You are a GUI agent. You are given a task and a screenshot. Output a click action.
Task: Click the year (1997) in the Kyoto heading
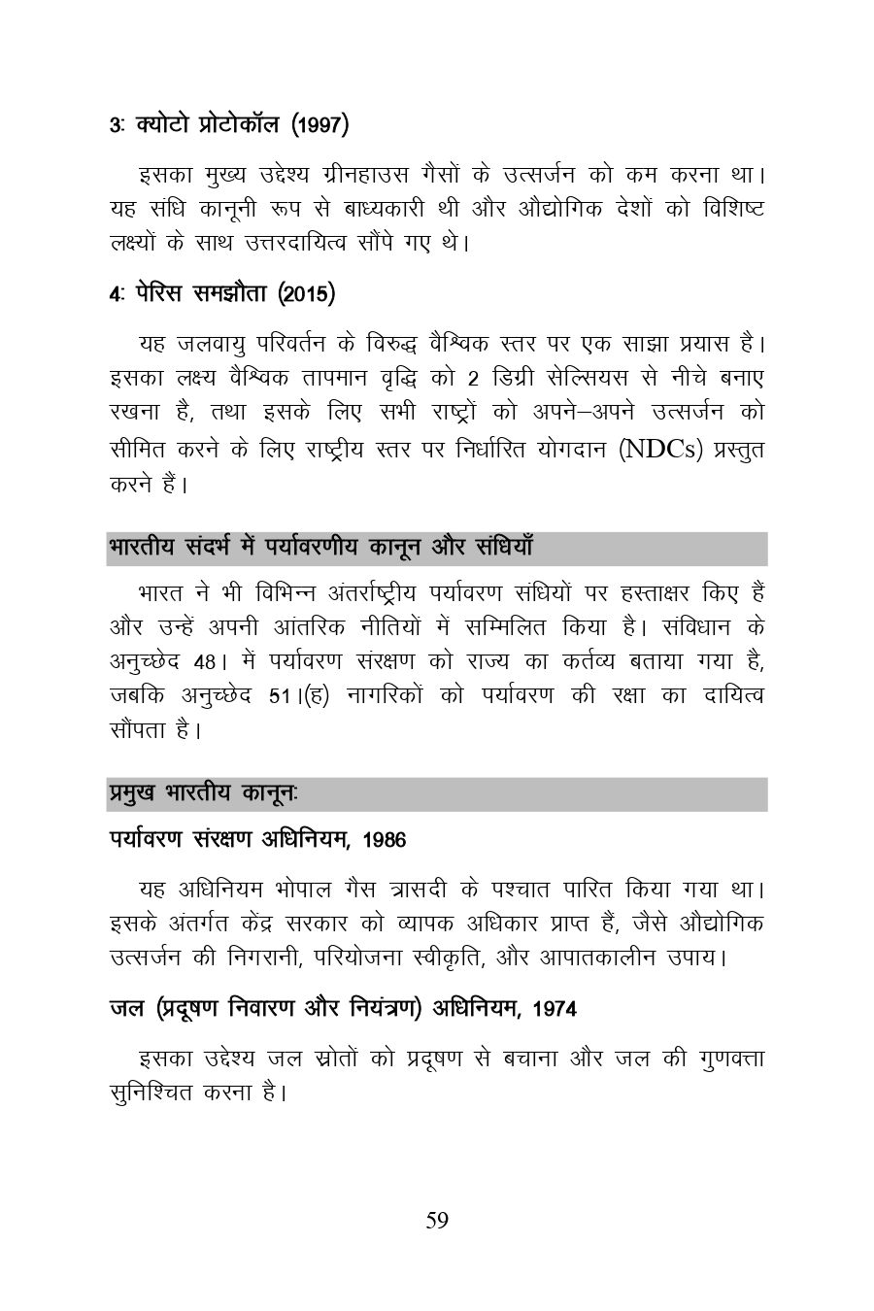tap(320, 125)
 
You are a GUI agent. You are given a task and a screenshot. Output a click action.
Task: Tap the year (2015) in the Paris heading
tap(307, 293)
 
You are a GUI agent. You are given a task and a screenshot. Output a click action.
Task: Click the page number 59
tap(437, 1221)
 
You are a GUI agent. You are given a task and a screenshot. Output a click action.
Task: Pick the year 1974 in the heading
tap(555, 1009)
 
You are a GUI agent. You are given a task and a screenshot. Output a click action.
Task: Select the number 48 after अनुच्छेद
tap(204, 662)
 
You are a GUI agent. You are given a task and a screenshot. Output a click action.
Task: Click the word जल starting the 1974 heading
tap(124, 1009)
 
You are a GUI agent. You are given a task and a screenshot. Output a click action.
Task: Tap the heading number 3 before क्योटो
tap(115, 125)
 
